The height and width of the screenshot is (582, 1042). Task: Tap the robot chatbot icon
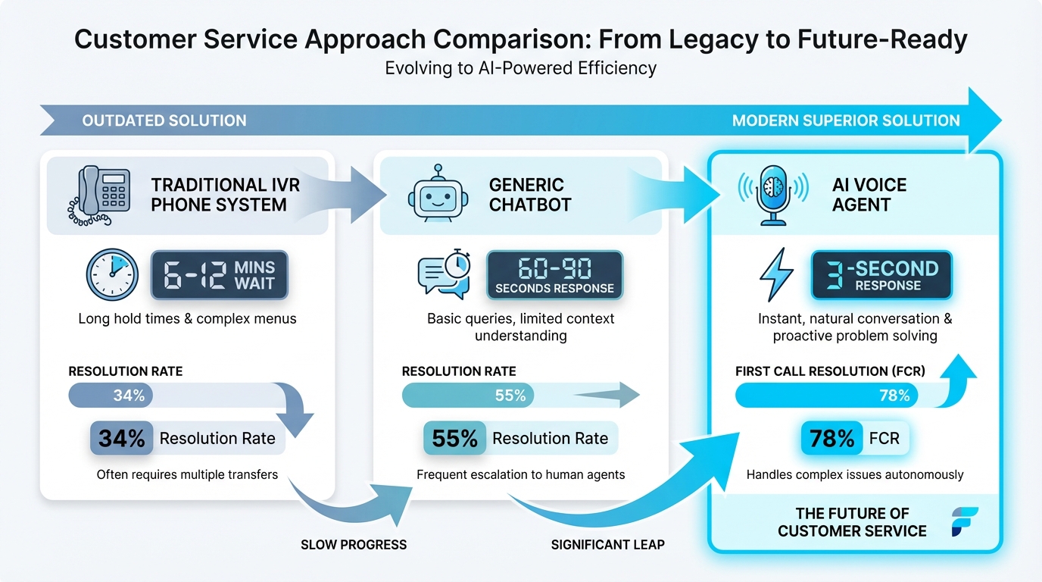pyautogui.click(x=438, y=192)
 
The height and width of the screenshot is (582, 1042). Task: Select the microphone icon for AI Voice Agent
pyautogui.click(x=773, y=195)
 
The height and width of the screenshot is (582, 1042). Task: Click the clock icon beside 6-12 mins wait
pyautogui.click(x=112, y=274)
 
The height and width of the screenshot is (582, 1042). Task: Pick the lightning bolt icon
pyautogui.click(x=775, y=274)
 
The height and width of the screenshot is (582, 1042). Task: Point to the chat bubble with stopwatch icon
pyautogui.click(x=445, y=274)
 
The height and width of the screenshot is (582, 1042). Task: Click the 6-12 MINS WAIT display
pyautogui.click(x=219, y=275)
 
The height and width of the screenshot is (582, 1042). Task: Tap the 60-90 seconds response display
pyautogui.click(x=554, y=275)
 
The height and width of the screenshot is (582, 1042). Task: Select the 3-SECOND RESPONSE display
pyautogui.click(x=881, y=275)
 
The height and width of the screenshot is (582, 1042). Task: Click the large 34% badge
pyautogui.click(x=122, y=438)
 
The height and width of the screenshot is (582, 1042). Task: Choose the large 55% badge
pyautogui.click(x=454, y=438)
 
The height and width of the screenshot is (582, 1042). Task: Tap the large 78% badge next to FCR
pyautogui.click(x=831, y=438)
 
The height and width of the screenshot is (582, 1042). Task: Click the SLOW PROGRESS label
pyautogui.click(x=354, y=545)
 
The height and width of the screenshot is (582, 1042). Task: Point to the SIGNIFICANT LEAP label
pyautogui.click(x=608, y=545)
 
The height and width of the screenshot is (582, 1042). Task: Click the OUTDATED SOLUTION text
pyautogui.click(x=164, y=120)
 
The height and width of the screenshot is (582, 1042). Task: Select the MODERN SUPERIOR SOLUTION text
pyautogui.click(x=846, y=120)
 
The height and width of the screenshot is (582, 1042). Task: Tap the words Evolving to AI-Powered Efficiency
pyautogui.click(x=520, y=68)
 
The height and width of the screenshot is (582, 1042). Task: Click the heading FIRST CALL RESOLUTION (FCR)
pyautogui.click(x=830, y=371)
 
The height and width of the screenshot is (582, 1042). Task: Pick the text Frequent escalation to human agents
pyautogui.click(x=520, y=474)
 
